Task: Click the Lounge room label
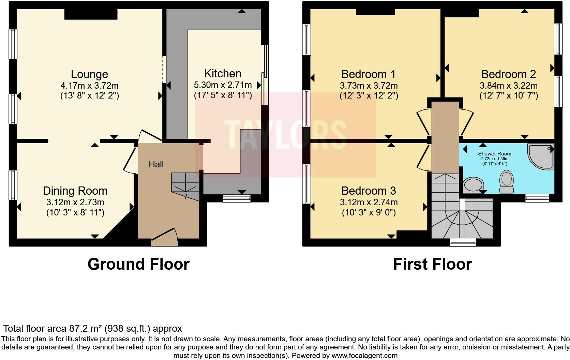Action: click(x=89, y=74)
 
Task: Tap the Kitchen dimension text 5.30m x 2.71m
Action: click(x=223, y=85)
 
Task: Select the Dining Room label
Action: click(x=75, y=191)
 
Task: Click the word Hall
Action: click(x=156, y=164)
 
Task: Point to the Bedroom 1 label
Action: click(x=369, y=74)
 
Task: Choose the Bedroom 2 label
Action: click(x=509, y=74)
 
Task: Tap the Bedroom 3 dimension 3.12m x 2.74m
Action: click(x=369, y=202)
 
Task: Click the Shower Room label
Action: click(x=494, y=154)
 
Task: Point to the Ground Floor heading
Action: click(x=138, y=264)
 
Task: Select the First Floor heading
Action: click(x=432, y=264)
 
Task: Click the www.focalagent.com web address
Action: click(x=364, y=356)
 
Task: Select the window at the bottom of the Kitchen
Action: click(x=237, y=198)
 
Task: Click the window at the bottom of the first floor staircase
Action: click(x=463, y=242)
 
